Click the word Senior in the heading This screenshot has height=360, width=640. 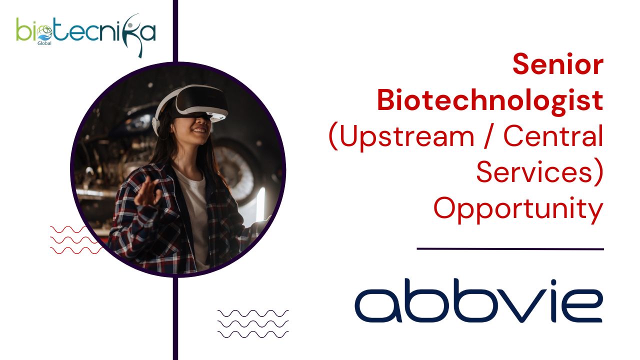pyautogui.click(x=557, y=64)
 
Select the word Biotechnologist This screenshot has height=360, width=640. pyautogui.click(x=490, y=100)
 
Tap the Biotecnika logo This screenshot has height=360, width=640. pyautogui.click(x=86, y=33)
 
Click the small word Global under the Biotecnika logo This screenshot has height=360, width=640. pyautogui.click(x=44, y=43)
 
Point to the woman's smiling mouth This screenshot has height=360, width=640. pyautogui.click(x=199, y=130)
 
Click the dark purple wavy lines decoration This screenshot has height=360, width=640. pyautogui.click(x=253, y=324)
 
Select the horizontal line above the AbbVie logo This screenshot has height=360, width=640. pyautogui.click(x=510, y=249)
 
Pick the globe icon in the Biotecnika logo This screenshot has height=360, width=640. pyautogui.click(x=44, y=31)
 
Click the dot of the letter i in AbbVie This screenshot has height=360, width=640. pyautogui.click(x=553, y=282)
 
